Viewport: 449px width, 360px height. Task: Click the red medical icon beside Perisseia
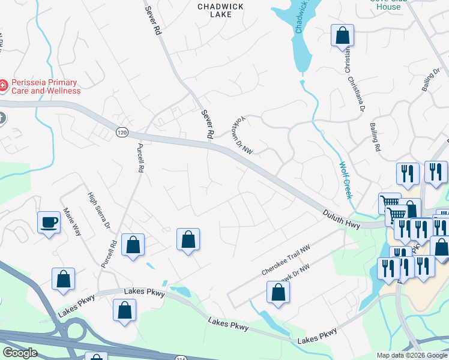coord(2,86)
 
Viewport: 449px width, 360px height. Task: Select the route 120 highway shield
coord(122,132)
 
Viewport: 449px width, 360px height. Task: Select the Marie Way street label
coord(73,221)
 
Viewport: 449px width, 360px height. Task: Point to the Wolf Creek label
coord(345,179)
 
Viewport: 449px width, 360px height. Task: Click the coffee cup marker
coord(49,223)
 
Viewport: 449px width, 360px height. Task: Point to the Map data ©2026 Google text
coord(411,355)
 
